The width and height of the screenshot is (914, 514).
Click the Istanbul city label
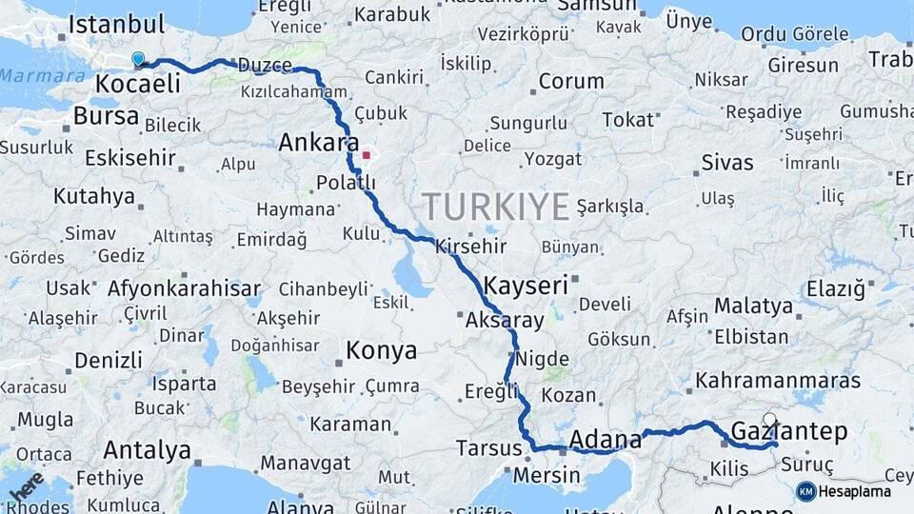[116, 24]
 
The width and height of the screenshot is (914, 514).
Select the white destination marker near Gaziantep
[769, 419]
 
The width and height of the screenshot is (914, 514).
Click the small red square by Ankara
[367, 154]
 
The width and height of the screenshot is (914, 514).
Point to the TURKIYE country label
[495, 206]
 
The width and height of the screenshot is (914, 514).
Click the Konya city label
[381, 350]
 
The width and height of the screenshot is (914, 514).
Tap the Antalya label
[147, 449]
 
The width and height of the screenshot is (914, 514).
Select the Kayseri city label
[526, 285]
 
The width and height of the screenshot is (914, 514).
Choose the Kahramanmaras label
[778, 381]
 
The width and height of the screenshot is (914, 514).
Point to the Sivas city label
[727, 163]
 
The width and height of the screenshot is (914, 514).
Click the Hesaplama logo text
[855, 492]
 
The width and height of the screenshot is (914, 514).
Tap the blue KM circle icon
[806, 491]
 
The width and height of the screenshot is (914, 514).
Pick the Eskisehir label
[130, 157]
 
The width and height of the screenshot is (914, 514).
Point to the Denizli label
[108, 361]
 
